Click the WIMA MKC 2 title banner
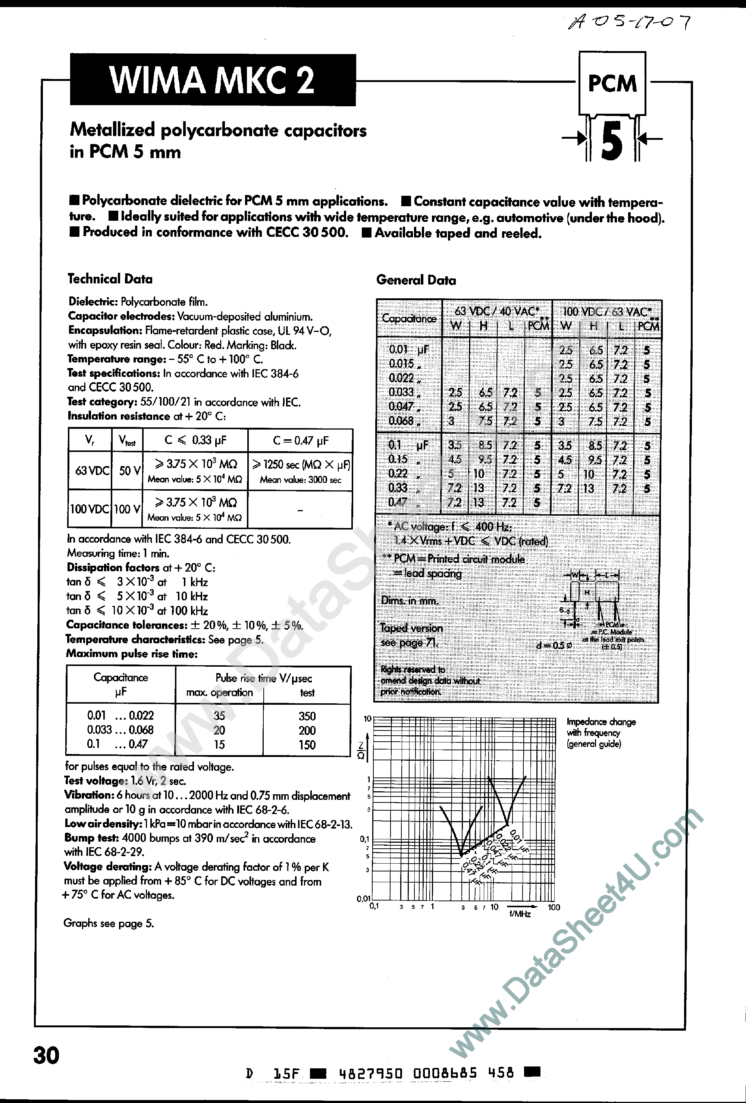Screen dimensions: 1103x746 click(x=212, y=80)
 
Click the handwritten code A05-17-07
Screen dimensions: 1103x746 click(x=629, y=22)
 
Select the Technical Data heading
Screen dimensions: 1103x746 click(x=110, y=279)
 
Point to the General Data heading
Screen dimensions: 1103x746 click(x=416, y=280)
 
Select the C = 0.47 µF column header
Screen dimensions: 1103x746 click(x=301, y=441)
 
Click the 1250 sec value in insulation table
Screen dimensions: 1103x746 click(x=301, y=465)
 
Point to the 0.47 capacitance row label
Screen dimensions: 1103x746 click(x=398, y=502)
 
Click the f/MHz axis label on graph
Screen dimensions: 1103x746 click(x=520, y=914)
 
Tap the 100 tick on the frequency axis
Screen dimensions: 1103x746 click(x=554, y=908)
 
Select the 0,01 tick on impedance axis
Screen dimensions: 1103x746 click(x=364, y=898)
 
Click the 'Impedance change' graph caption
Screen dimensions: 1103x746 click(x=601, y=722)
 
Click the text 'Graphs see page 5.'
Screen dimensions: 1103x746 click(x=109, y=923)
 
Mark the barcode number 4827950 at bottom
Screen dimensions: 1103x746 click(x=371, y=1074)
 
